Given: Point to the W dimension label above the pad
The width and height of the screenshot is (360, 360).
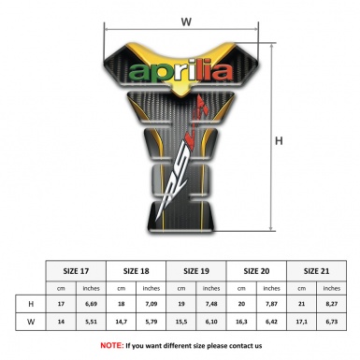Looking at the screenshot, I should [187, 19].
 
